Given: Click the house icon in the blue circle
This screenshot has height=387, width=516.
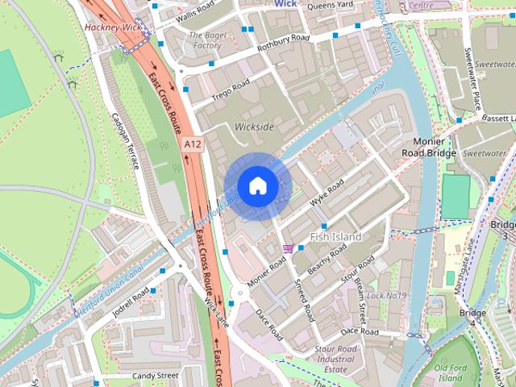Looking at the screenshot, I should (257, 186).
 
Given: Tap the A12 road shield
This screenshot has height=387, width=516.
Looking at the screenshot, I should (192, 144).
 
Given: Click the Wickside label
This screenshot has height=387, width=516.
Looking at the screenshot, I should (254, 127).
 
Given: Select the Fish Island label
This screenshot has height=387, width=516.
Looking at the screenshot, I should (335, 236).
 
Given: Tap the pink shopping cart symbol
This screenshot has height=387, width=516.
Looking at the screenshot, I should (288, 248).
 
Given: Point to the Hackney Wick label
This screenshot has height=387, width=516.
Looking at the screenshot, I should (113, 27).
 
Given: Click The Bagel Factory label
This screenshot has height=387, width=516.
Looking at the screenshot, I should (205, 40).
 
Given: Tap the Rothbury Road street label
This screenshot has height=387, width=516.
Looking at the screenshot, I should (283, 43).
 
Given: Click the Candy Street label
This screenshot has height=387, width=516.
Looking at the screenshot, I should (155, 376).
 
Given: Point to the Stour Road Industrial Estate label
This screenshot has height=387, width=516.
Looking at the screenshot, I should (335, 359).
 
